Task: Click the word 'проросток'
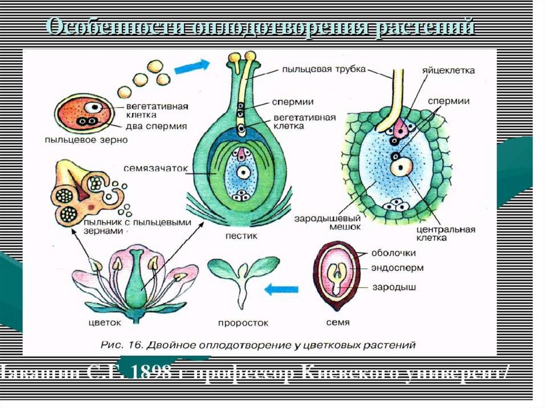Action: click(243, 323)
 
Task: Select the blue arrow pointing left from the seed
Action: click(282, 290)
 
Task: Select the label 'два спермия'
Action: click(156, 126)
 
